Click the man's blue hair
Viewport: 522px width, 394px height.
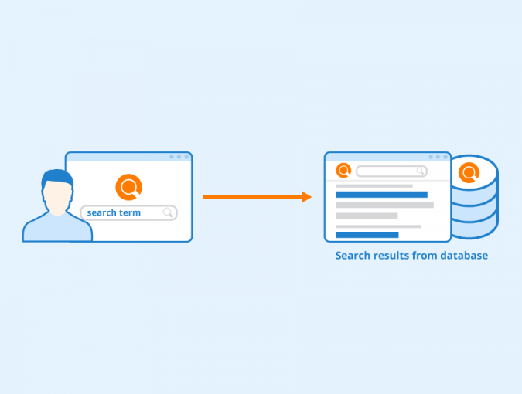click(57, 177)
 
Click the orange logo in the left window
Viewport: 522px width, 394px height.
click(129, 187)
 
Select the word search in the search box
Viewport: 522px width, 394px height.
click(101, 212)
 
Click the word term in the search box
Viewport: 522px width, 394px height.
click(129, 212)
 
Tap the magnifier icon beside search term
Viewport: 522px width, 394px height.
click(168, 212)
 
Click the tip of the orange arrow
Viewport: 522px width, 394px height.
click(312, 197)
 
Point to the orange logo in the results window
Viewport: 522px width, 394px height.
click(343, 171)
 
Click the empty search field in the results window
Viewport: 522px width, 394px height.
click(391, 172)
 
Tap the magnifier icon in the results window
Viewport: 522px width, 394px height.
click(421, 172)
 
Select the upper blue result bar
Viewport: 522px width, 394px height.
click(381, 195)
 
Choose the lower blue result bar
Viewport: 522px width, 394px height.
click(367, 235)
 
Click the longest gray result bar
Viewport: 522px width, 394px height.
click(385, 205)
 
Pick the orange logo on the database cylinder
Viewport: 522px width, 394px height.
click(469, 172)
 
